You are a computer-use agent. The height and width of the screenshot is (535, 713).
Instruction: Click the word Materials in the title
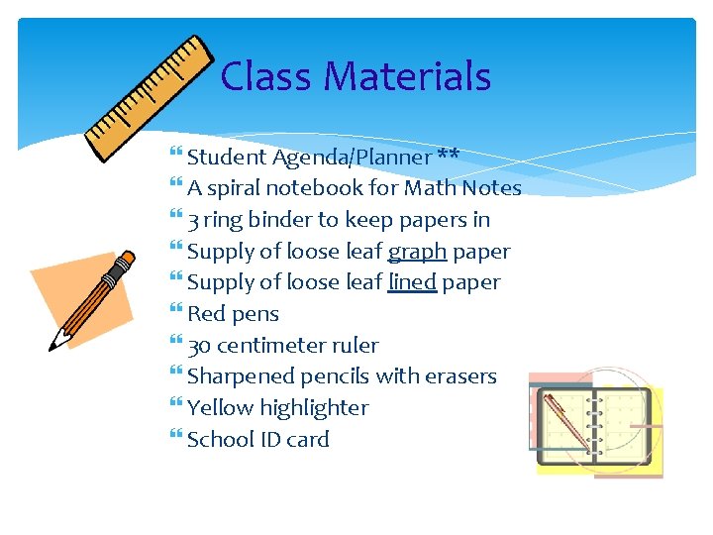click(x=407, y=76)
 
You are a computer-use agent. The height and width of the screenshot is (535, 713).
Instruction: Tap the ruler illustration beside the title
click(x=150, y=98)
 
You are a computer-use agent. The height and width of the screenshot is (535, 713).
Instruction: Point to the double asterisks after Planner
click(x=448, y=157)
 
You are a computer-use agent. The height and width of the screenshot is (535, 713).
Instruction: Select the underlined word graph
click(x=417, y=252)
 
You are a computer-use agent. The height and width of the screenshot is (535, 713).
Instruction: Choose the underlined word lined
click(x=412, y=282)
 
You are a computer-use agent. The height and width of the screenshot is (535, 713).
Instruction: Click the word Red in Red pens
click(x=206, y=314)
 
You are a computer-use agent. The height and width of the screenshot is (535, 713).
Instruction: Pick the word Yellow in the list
click(x=220, y=408)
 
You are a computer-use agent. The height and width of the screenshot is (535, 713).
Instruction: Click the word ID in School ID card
click(x=270, y=440)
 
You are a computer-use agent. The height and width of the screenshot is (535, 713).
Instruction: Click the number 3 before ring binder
click(x=193, y=220)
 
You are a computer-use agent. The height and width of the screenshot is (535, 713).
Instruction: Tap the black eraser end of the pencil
click(x=125, y=262)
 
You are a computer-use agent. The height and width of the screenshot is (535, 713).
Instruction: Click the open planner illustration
click(x=594, y=425)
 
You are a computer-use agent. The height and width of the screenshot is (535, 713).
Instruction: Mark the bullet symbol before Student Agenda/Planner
click(x=176, y=157)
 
